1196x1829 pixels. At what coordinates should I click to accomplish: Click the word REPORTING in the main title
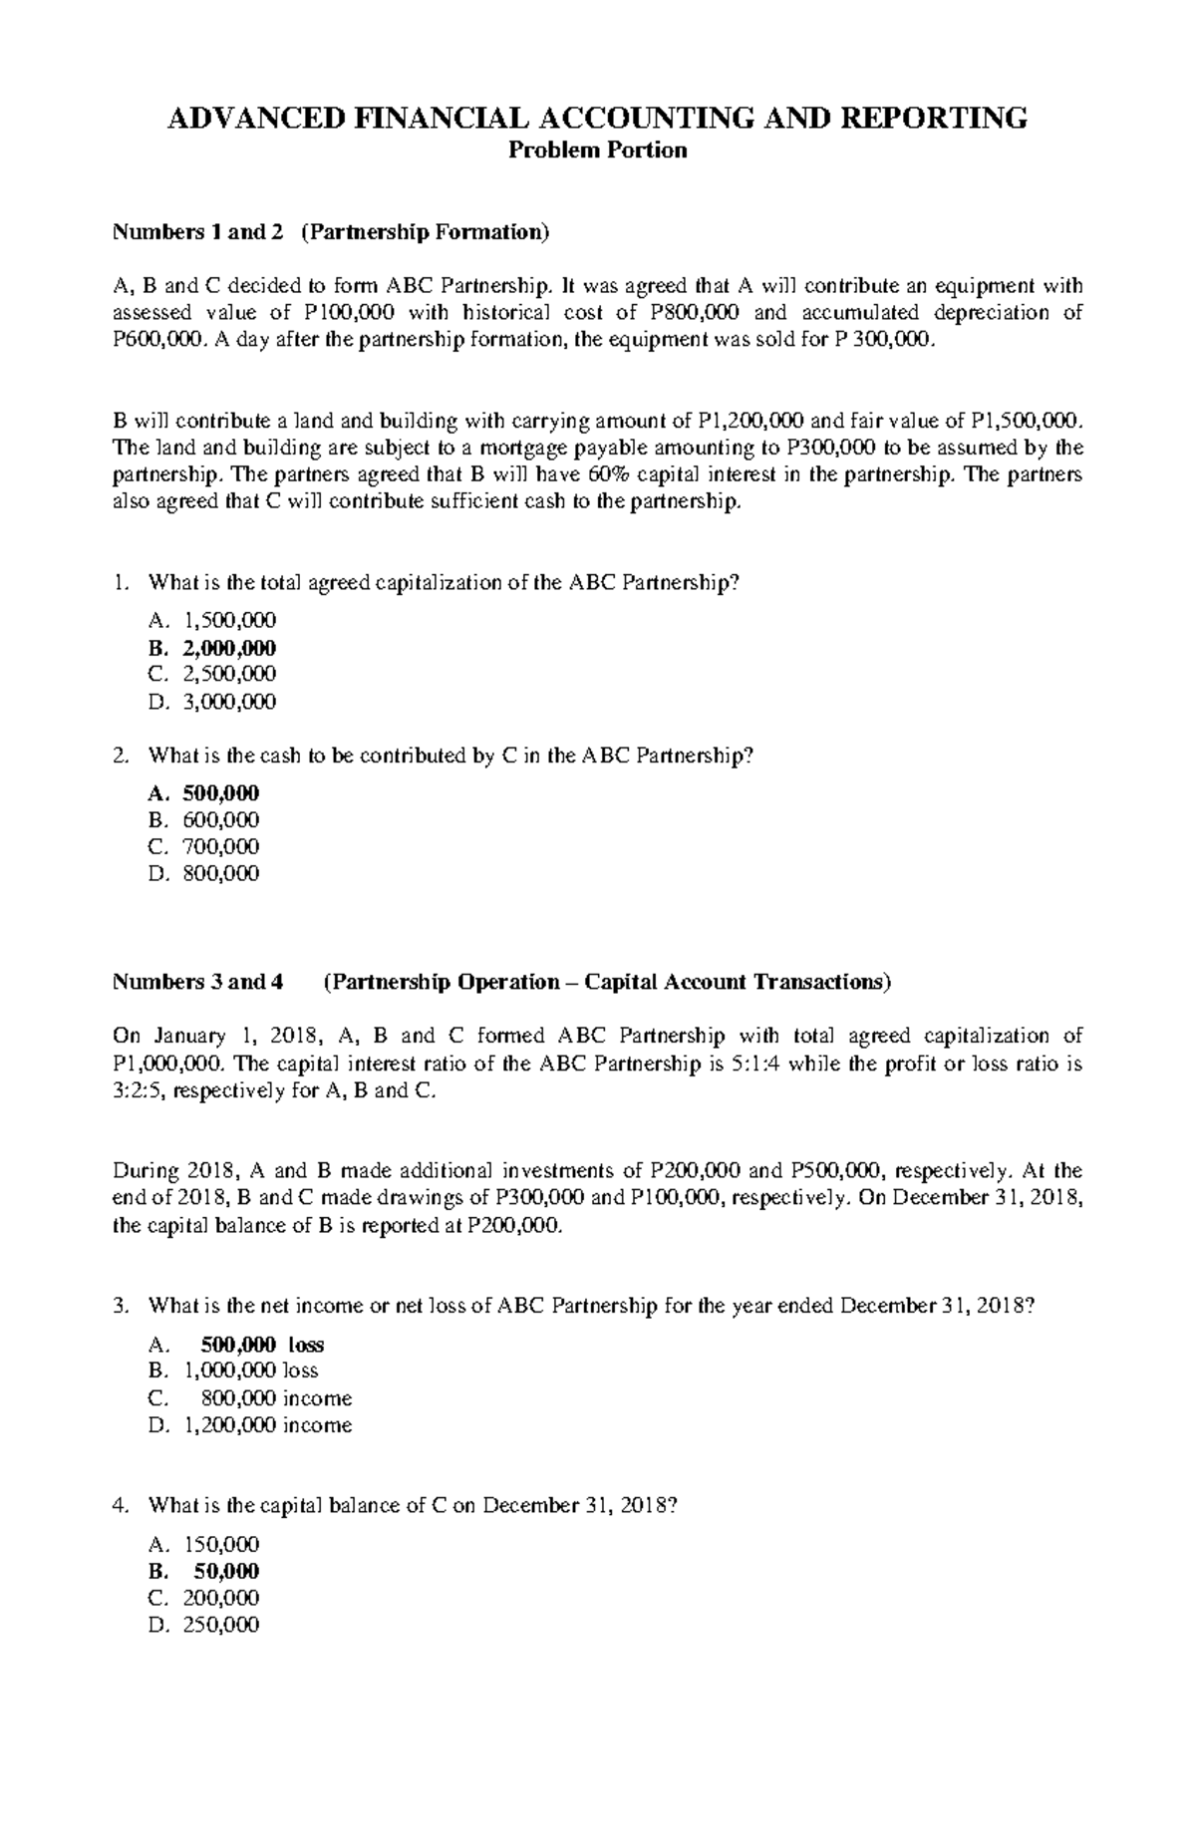click(x=942, y=119)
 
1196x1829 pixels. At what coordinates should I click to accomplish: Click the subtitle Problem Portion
click(x=598, y=152)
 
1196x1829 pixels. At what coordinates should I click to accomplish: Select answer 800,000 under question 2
click(x=220, y=874)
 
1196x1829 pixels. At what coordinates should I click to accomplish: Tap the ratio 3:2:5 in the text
click(x=140, y=1091)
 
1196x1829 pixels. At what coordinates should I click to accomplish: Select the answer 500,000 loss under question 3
click(x=262, y=1345)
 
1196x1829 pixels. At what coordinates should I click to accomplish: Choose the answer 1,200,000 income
click(x=267, y=1425)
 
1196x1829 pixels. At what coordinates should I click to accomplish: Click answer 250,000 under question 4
click(x=220, y=1626)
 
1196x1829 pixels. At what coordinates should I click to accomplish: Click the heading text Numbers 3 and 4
click(x=198, y=983)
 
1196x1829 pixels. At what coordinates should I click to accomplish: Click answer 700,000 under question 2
click(x=220, y=847)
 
